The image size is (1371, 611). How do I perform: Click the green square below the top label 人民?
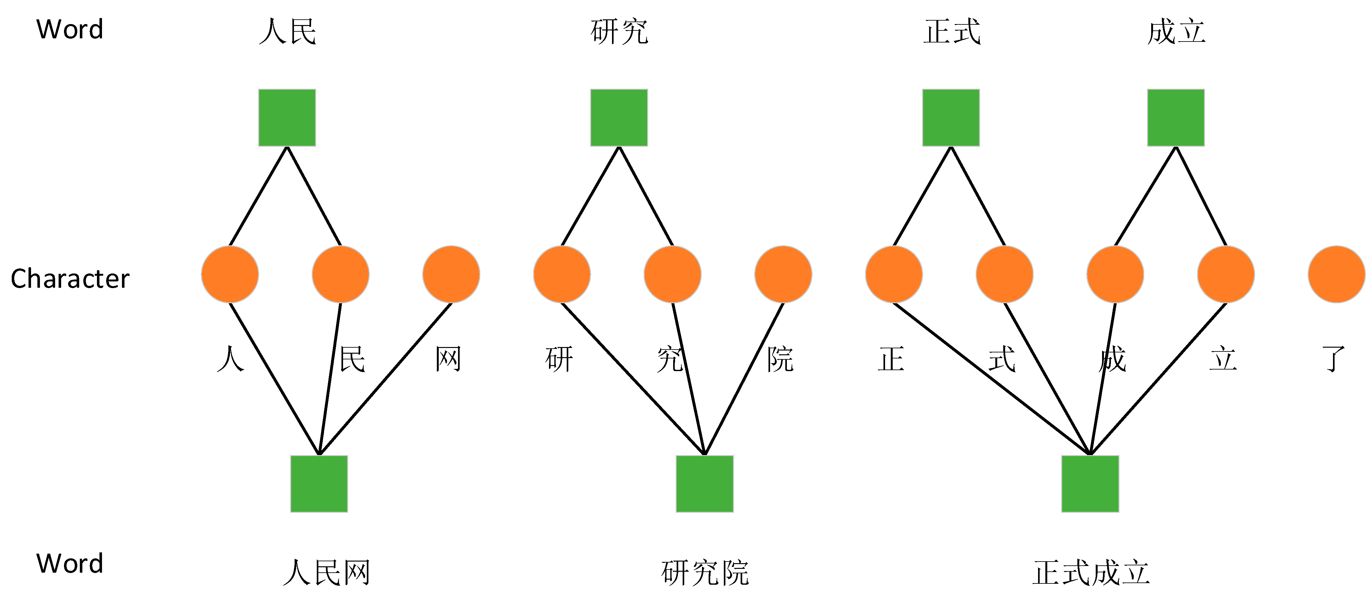[287, 118]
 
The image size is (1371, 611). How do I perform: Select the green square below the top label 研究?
[619, 118]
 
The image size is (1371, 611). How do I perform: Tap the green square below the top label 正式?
[951, 118]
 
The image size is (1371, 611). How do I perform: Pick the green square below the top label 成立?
[1176, 118]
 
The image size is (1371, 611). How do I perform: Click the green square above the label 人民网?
[319, 484]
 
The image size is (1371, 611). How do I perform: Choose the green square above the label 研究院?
[705, 484]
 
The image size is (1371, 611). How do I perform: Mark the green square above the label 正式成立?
[1090, 484]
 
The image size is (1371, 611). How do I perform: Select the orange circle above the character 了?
[1336, 274]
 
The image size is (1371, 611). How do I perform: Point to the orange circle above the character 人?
[230, 274]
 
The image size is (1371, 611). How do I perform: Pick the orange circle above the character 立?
[1226, 274]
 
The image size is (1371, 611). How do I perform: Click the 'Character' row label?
[70, 278]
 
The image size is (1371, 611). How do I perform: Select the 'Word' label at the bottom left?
[70, 564]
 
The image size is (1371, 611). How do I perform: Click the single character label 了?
[1333, 359]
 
